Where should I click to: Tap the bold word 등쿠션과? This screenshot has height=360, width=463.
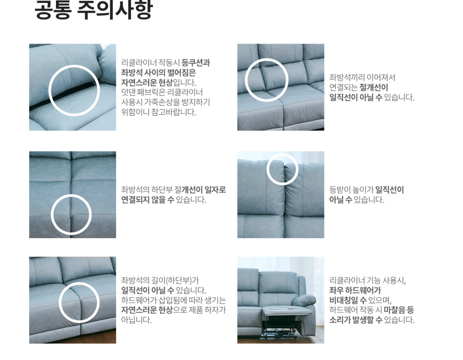pos(196,63)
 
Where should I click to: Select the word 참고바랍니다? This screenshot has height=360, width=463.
pos(174,112)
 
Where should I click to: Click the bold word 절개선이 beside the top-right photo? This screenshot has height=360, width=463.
pos(374,87)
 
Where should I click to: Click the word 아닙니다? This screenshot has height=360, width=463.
pos(137,320)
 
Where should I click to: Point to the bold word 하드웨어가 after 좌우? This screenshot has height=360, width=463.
pos(363,290)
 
